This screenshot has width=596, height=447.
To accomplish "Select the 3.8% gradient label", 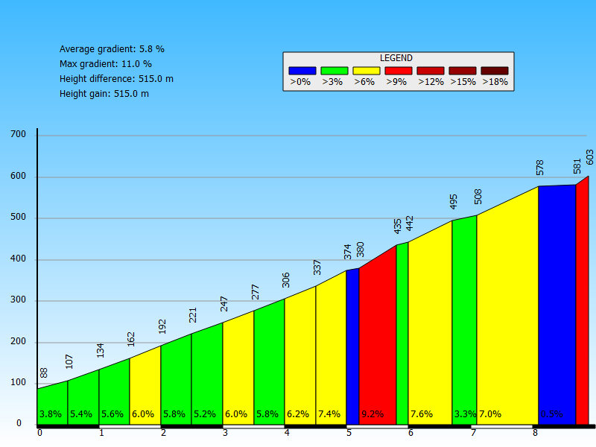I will tap(50, 414).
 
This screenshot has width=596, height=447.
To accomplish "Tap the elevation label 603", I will tap(590, 157).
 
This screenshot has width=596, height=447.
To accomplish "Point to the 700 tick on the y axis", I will tap(18, 135).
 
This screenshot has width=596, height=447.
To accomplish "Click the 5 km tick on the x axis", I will tap(349, 432).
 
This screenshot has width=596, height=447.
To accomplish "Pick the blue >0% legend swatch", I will tap(302, 71).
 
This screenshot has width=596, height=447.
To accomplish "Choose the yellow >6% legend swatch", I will tap(367, 71).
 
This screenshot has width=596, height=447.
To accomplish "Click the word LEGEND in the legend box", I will tap(396, 58).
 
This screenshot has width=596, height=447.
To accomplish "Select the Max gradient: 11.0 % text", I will tap(106, 64).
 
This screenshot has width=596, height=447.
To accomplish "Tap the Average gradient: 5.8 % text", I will tap(112, 49).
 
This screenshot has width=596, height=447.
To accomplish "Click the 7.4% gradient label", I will tap(329, 414).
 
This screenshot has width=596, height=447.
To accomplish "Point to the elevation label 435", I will tap(398, 226).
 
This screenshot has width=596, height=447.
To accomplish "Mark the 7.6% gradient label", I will tap(421, 414).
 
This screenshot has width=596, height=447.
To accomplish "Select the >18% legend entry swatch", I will tap(495, 71).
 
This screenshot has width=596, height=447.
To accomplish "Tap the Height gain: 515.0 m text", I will tap(104, 94).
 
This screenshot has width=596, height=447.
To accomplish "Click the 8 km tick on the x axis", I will tap(535, 432).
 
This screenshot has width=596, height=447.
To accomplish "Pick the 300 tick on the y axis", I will tap(18, 300).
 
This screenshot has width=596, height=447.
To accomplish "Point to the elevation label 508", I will tap(478, 196).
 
